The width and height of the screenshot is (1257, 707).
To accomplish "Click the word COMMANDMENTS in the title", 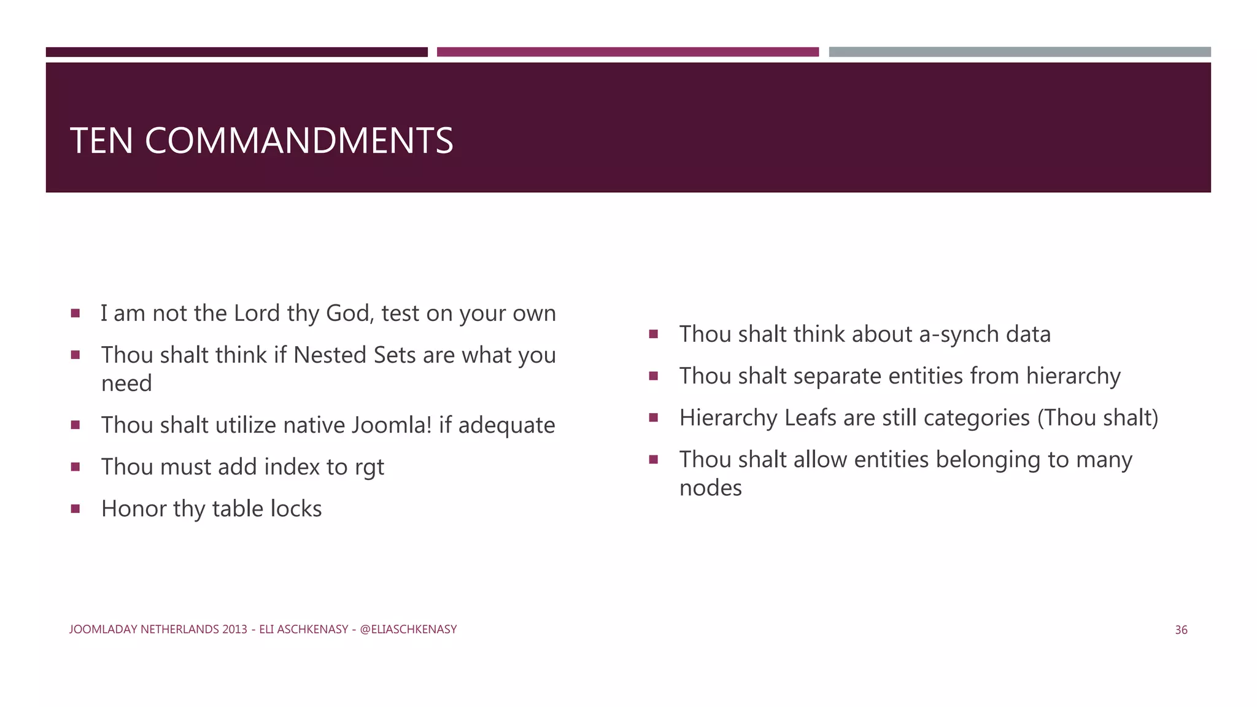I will click(299, 141).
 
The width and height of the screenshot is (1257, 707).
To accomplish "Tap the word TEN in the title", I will click(101, 141).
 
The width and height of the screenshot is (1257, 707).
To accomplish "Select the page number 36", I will click(1181, 630).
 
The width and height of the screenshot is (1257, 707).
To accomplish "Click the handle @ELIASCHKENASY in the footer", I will click(408, 629).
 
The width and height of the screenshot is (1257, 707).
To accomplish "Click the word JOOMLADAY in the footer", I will click(103, 629).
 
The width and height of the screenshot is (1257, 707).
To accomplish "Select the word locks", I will click(296, 509).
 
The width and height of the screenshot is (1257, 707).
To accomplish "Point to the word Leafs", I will click(810, 418).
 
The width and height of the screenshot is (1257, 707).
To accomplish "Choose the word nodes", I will click(710, 488).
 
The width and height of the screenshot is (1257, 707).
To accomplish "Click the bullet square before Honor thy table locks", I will click(75, 508).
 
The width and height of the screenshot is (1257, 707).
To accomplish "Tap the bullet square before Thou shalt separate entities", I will click(653, 376).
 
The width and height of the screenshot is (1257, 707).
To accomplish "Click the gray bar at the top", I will click(1019, 52).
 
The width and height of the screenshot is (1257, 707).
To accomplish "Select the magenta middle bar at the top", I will click(627, 52).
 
